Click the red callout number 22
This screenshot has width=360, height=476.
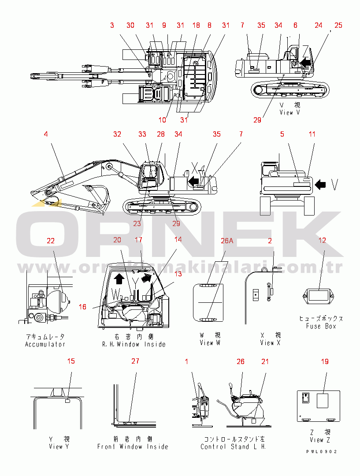[x=51, y=241]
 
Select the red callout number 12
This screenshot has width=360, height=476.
[x=323, y=240]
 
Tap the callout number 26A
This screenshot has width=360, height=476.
[x=226, y=241]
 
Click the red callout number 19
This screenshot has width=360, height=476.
[x=324, y=361]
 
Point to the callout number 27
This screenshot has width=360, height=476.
[x=135, y=361]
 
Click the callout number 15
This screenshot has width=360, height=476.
[x=71, y=361]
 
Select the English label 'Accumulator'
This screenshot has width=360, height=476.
[x=45, y=344]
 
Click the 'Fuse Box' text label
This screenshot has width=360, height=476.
[x=321, y=326]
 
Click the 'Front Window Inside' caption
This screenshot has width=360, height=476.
[x=133, y=446]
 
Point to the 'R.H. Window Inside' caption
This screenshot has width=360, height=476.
[x=134, y=344]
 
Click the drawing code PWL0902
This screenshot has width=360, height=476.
[x=322, y=452]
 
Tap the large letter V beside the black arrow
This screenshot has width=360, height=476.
[x=335, y=185]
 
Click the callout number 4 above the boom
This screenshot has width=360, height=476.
[x=45, y=133]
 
